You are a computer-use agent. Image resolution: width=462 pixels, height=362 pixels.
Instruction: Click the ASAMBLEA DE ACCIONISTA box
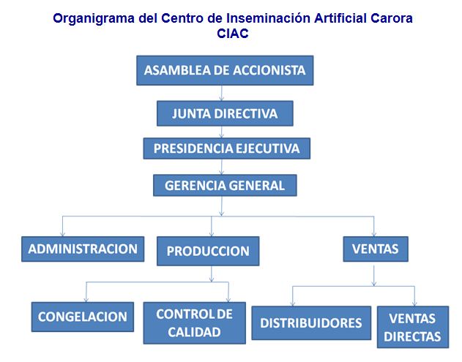(x=225, y=70)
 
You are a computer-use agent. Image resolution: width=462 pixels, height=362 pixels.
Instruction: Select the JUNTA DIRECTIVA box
(x=225, y=113)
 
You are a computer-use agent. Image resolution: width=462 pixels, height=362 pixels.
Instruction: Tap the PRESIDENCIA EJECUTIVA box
(x=226, y=148)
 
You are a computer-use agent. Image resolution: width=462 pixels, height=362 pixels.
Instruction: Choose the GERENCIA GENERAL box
(x=225, y=186)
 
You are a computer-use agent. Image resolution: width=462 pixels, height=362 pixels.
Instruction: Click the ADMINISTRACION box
(x=83, y=249)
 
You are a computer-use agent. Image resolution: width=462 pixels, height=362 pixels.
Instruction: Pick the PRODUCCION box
(x=208, y=251)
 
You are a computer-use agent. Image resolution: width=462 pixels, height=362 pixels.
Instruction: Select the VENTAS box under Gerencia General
(x=376, y=249)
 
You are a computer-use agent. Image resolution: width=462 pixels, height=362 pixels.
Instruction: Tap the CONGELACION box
(x=83, y=317)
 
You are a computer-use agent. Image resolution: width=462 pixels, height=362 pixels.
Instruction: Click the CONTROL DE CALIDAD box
(x=195, y=323)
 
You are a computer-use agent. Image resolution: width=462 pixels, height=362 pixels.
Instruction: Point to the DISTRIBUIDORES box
(x=311, y=323)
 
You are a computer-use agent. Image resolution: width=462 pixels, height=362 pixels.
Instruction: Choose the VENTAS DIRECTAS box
(x=413, y=328)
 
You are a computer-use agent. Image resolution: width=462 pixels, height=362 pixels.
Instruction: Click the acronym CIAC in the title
(x=233, y=33)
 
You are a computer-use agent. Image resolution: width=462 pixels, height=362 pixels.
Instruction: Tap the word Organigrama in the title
(x=94, y=18)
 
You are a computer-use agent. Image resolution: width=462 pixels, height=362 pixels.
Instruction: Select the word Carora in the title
(x=392, y=18)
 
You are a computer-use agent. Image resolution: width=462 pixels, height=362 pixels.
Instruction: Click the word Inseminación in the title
(x=268, y=18)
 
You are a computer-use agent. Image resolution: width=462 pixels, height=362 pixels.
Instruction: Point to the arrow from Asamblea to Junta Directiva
(x=222, y=93)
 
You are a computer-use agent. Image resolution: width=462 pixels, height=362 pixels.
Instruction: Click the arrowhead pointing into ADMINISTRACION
(x=62, y=234)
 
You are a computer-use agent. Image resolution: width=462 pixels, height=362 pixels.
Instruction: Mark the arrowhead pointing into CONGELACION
(x=86, y=300)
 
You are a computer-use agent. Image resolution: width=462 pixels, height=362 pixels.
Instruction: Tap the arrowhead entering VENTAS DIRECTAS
(x=414, y=303)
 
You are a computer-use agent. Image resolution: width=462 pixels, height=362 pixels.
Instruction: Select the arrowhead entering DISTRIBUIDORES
(x=293, y=303)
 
